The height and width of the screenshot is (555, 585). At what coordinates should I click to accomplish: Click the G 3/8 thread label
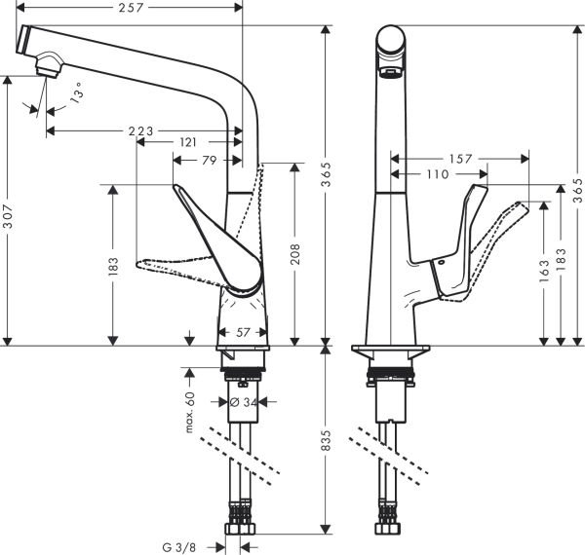click(x=185, y=546)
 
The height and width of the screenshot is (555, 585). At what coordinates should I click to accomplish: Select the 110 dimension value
click(x=437, y=175)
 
